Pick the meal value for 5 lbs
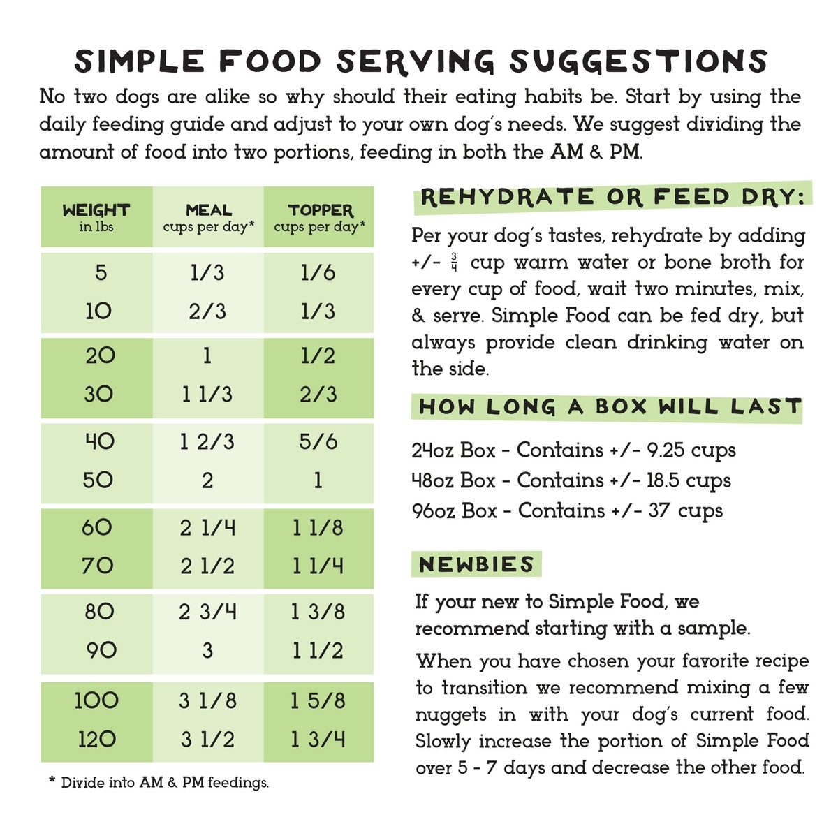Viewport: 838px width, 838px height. pyautogui.click(x=207, y=272)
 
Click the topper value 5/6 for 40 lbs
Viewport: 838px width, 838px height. pyautogui.click(x=318, y=441)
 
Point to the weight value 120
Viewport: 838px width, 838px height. pyautogui.click(x=96, y=739)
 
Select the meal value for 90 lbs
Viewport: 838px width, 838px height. pyautogui.click(x=207, y=650)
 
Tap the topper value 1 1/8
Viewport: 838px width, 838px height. pyautogui.click(x=318, y=527)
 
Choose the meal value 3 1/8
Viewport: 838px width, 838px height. pyautogui.click(x=207, y=700)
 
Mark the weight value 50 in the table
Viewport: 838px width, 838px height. pyautogui.click(x=98, y=480)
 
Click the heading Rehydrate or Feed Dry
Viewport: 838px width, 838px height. pyautogui.click(x=612, y=198)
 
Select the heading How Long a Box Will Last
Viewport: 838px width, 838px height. pyautogui.click(x=609, y=406)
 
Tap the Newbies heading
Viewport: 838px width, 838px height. pyautogui.click(x=476, y=564)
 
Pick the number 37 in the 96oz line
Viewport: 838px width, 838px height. pyautogui.click(x=660, y=510)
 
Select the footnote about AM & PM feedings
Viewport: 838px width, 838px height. pyautogui.click(x=159, y=783)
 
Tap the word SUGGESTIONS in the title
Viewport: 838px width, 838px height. pyautogui.click(x=638, y=61)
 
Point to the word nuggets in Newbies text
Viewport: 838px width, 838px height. pyautogui.click(x=450, y=714)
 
